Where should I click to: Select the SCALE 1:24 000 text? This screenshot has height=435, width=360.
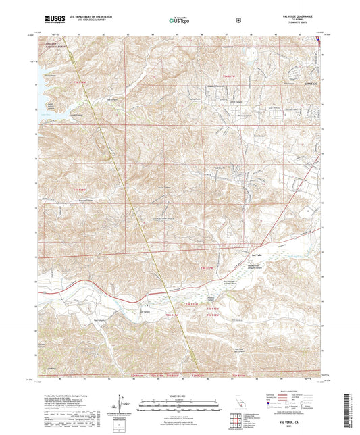coord(179,394)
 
